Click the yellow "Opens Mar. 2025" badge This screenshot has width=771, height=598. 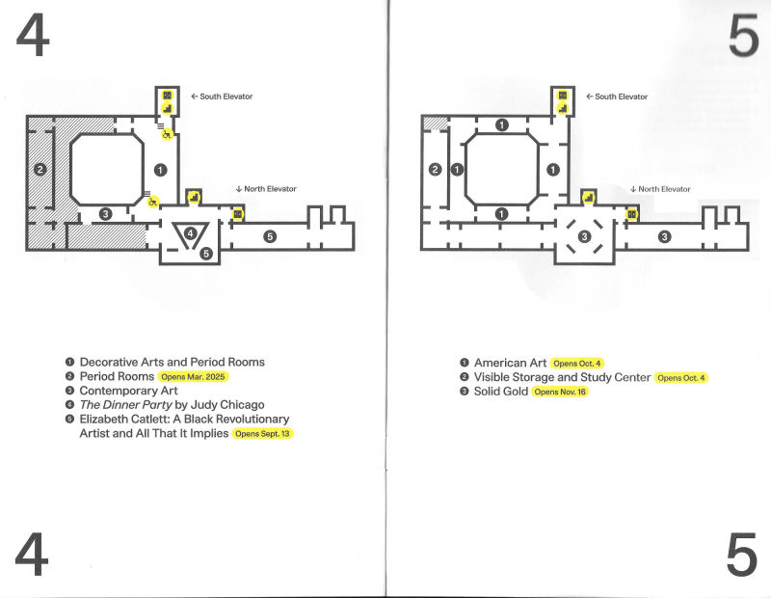point(193,377)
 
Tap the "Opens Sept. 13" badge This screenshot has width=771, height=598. point(262,434)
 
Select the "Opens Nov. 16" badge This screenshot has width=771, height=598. point(560,392)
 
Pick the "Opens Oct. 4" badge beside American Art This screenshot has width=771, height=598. point(576,364)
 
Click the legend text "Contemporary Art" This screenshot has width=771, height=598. point(128,391)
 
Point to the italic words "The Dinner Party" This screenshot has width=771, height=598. point(125,405)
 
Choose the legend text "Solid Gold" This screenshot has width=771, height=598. point(500,392)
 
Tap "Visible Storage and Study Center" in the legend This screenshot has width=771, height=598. point(562,377)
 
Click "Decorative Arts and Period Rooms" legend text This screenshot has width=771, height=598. point(173,363)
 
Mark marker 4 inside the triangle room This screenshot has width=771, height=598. point(190,233)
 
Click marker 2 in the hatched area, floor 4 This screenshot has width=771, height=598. point(40,170)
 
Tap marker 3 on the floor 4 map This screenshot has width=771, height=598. point(105,214)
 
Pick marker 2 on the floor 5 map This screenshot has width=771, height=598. point(436,170)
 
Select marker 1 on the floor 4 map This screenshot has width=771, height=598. point(160,170)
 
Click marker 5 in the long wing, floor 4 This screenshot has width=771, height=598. point(270,236)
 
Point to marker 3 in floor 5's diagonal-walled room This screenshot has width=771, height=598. point(584,236)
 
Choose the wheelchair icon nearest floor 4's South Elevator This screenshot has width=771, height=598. point(167,134)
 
